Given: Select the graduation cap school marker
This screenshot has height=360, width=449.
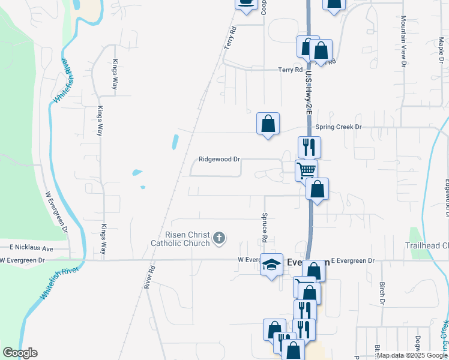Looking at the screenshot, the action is (x=271, y=264).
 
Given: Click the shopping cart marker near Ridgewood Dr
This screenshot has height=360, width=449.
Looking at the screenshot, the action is (x=306, y=170).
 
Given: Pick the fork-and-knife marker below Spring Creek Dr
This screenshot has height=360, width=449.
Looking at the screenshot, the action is (x=309, y=146).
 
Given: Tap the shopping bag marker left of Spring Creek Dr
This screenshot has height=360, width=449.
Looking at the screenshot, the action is (x=268, y=124).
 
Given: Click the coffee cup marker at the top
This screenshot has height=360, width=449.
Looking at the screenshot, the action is (x=245, y=3).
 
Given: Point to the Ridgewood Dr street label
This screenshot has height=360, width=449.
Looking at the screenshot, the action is (x=219, y=160).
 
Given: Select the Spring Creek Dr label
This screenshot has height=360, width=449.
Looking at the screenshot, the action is (x=340, y=127).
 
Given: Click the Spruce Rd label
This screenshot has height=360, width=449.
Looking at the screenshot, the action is (x=264, y=226).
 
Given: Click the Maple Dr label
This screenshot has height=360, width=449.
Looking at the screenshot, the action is (x=440, y=46).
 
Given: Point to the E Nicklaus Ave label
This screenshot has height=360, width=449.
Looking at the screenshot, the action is (x=31, y=248).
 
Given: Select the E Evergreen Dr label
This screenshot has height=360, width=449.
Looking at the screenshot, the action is (x=352, y=261).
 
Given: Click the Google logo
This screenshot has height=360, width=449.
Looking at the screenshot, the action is (x=20, y=353).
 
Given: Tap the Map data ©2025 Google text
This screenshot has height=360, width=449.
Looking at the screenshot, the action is (x=412, y=355).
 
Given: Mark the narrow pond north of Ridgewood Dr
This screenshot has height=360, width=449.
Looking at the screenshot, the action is (x=175, y=142).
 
